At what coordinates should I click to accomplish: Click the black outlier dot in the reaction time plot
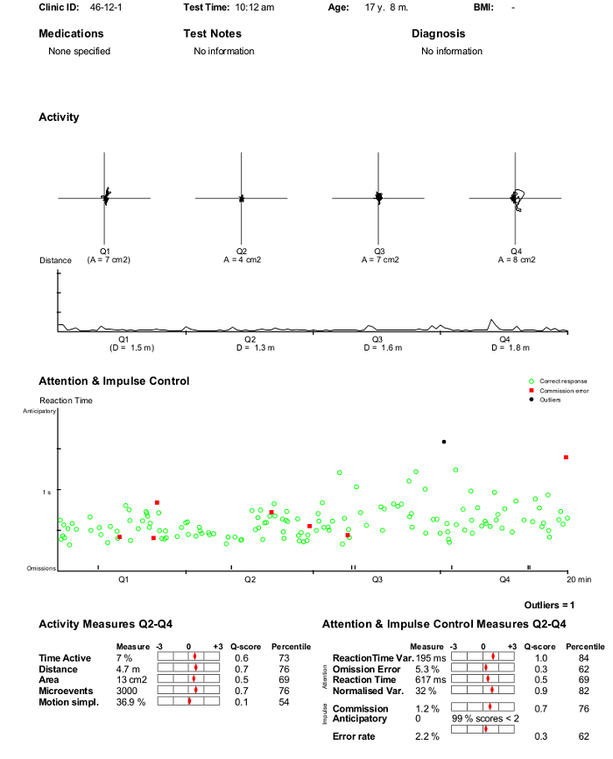444,442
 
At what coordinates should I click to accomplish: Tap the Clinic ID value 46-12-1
105,7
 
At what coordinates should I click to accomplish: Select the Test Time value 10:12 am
255,7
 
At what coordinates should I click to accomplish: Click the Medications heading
71,33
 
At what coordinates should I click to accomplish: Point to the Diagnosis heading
439,33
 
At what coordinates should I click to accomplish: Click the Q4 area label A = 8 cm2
517,259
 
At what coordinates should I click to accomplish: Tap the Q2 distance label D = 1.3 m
256,348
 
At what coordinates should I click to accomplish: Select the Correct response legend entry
559,381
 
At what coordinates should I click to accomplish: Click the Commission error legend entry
559,391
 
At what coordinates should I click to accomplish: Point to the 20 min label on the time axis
579,579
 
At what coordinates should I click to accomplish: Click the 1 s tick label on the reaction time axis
46,492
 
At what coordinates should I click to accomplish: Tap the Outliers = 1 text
549,605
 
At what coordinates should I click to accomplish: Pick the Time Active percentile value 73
284,658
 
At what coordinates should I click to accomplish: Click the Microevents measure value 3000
127,691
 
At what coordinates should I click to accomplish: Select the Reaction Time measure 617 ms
431,679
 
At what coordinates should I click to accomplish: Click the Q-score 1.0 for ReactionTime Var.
541,658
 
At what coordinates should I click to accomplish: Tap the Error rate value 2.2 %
427,736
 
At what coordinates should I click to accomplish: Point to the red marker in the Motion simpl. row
190,700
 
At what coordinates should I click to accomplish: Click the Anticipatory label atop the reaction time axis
39,411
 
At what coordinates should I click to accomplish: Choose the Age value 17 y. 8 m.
386,7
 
